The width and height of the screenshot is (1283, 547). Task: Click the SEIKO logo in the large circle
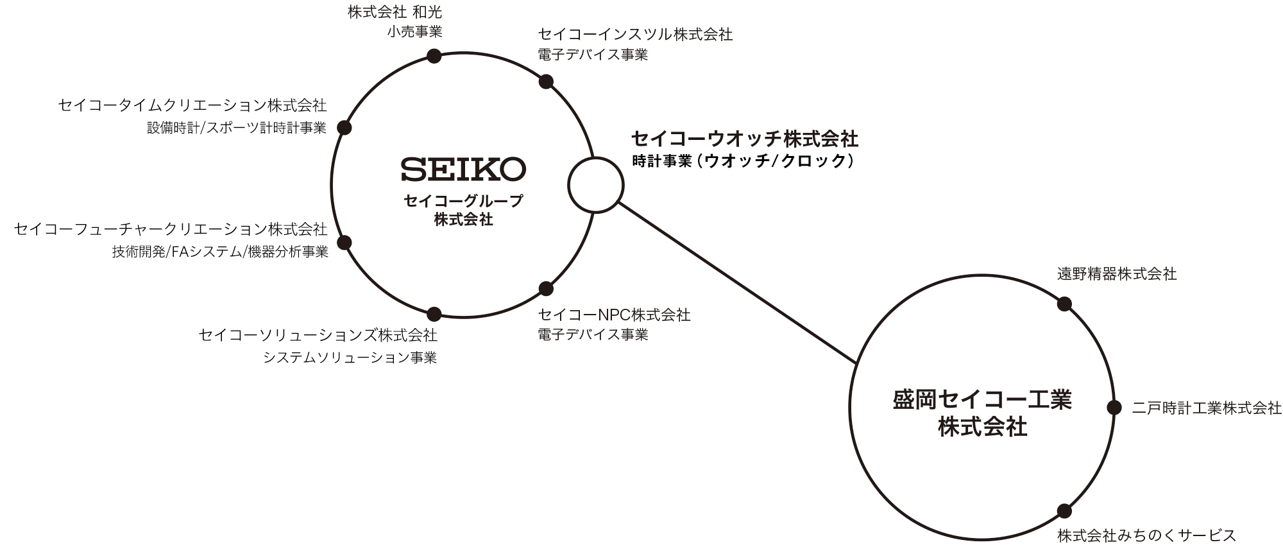(463, 169)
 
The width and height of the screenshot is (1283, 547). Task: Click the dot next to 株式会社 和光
(434, 56)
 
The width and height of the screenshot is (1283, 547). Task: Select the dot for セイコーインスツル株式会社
(546, 82)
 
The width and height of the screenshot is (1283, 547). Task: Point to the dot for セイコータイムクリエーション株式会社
(344, 128)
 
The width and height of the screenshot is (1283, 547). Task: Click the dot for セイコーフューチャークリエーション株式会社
(344, 242)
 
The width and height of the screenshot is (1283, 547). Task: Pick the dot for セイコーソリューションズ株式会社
(434, 314)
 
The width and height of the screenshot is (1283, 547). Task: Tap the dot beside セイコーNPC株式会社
(546, 288)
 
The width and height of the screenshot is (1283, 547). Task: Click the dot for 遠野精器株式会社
(1064, 304)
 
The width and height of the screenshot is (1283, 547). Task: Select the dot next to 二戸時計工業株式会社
(1114, 408)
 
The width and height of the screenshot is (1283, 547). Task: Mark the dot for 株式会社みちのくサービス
(1064, 511)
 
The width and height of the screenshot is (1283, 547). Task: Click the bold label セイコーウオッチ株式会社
(745, 139)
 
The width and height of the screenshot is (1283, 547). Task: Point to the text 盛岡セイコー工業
(982, 400)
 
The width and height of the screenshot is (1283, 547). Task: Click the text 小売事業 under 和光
(414, 32)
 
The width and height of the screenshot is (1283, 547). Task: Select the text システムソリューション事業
(350, 358)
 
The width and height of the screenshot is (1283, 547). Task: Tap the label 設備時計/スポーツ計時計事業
(237, 128)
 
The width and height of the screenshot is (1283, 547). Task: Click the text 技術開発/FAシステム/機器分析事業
(220, 252)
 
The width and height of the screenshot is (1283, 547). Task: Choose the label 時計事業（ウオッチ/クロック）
(744, 162)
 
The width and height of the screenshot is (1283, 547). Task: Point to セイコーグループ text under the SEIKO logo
(463, 201)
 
